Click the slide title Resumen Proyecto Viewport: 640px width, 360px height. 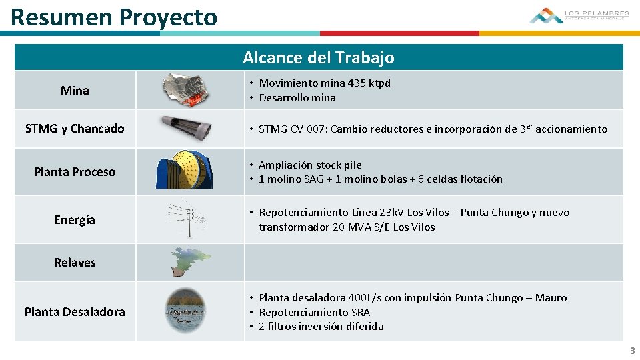(x=114, y=17)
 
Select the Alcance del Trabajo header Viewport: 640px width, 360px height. (x=318, y=57)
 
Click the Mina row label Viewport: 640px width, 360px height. (x=75, y=91)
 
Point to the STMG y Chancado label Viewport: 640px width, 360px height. (x=75, y=129)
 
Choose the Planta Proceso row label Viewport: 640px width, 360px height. (x=75, y=172)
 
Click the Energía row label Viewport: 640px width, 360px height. (x=75, y=220)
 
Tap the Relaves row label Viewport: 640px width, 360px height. (x=75, y=263)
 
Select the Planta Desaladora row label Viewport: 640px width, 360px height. (x=75, y=312)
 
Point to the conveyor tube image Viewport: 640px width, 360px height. (x=186, y=127)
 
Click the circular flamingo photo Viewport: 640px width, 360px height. (x=189, y=311)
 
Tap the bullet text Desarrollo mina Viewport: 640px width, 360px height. (x=297, y=98)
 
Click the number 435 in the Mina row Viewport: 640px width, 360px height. (x=357, y=83)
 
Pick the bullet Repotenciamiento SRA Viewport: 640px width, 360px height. (x=314, y=312)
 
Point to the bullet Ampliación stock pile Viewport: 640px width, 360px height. (x=310, y=165)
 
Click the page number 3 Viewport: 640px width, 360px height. (x=632, y=351)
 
